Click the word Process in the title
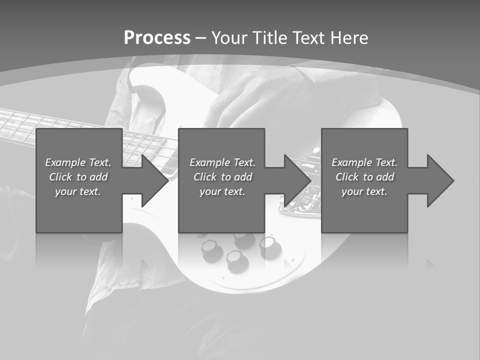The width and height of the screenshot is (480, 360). (x=157, y=38)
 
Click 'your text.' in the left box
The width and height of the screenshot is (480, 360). (x=78, y=191)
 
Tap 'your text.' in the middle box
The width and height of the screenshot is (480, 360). (x=222, y=191)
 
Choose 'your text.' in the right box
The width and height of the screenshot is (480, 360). (x=364, y=191)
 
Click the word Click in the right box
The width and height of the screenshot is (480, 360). (x=347, y=177)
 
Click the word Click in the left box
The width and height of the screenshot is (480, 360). (x=60, y=177)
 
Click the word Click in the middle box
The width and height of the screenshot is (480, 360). (x=205, y=177)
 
